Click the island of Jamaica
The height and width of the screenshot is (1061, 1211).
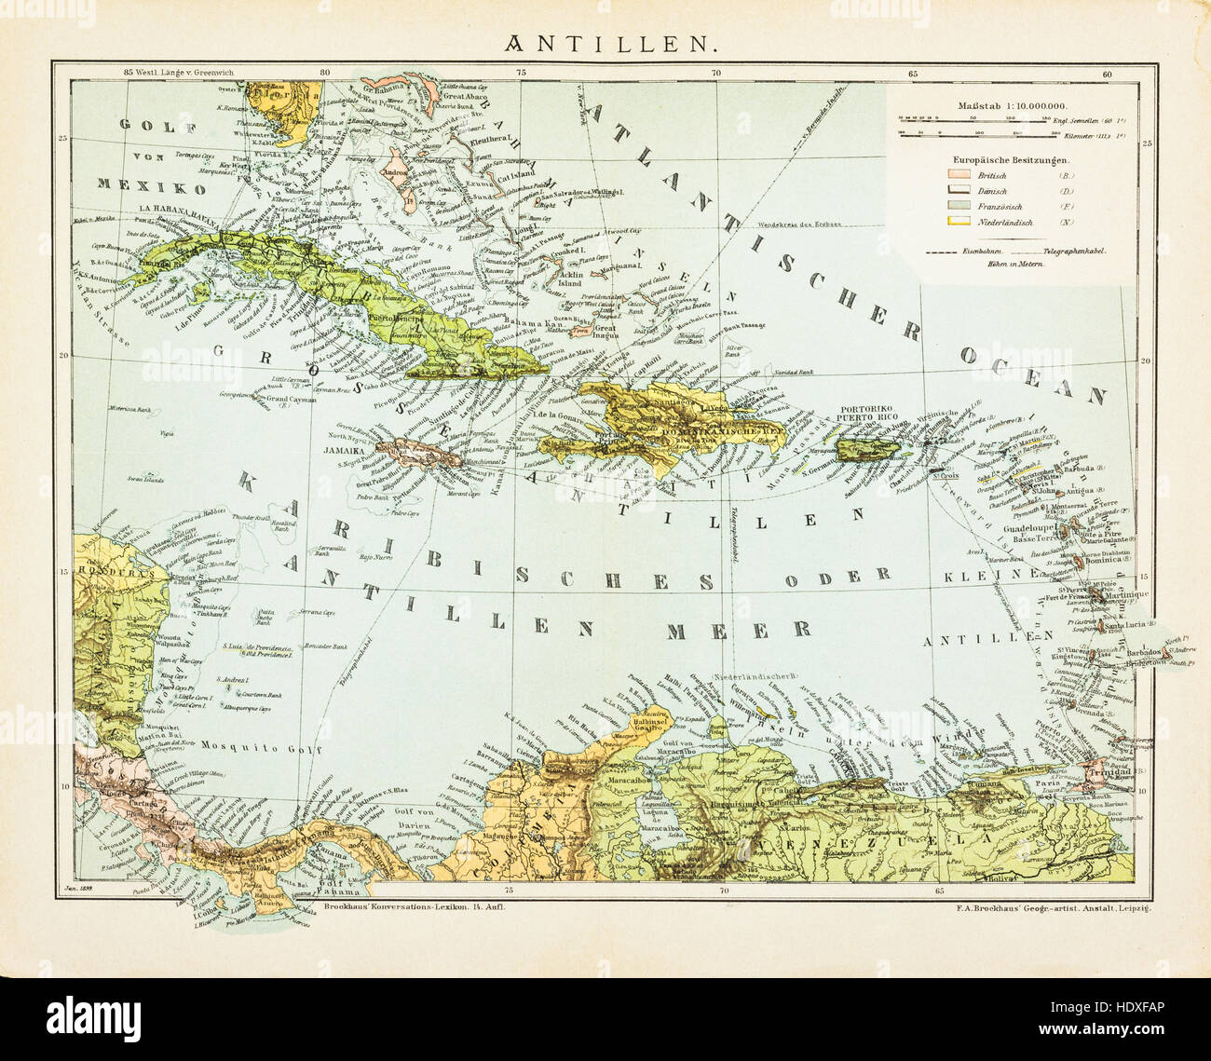(418, 454)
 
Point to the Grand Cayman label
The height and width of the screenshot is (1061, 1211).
(291, 401)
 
